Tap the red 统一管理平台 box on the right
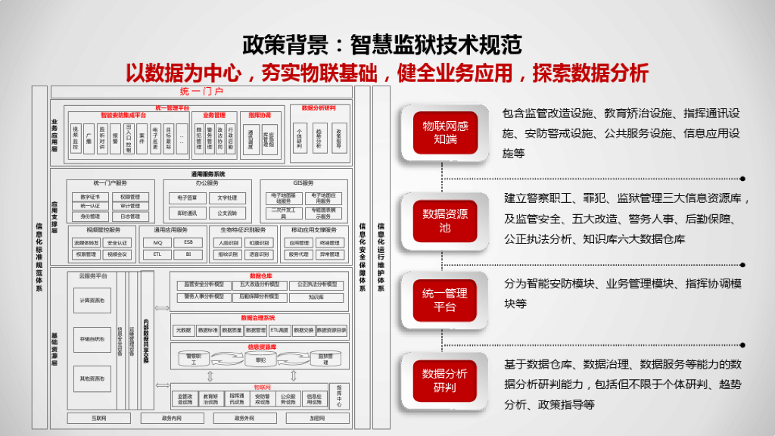tap(445, 300)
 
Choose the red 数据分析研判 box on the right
tap(445, 380)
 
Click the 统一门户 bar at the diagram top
tap(201, 92)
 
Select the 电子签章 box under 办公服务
tap(182, 198)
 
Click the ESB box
tap(188, 243)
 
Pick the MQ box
tap(158, 243)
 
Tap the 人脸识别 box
tap(227, 243)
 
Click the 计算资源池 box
tap(92, 301)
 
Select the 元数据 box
tap(182, 331)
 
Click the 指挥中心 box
tap(339, 395)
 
